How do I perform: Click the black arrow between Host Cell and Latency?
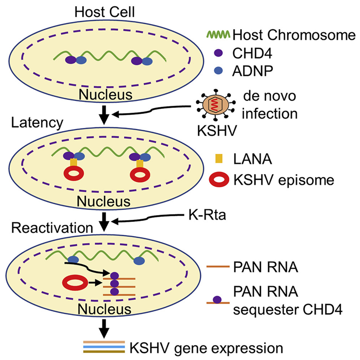(x=106, y=114)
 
